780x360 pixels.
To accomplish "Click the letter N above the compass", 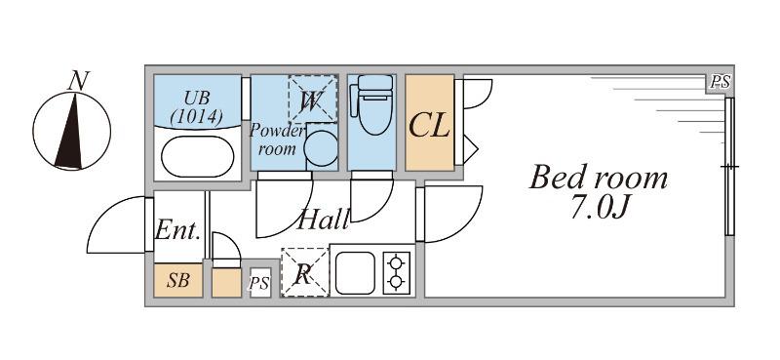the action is click(x=78, y=81).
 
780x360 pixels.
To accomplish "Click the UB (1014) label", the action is click(x=198, y=107).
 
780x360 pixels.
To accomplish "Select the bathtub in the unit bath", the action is click(x=198, y=156).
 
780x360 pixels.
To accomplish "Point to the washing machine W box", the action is click(x=312, y=100).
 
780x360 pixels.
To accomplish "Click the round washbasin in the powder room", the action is click(x=321, y=148).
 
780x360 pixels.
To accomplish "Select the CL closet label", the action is click(x=429, y=125).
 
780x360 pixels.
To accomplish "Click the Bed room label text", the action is click(x=598, y=178).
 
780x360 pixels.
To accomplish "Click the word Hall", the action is click(x=322, y=220).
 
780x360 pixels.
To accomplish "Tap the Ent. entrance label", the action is click(x=178, y=231).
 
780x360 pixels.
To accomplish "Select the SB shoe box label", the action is click(x=178, y=281).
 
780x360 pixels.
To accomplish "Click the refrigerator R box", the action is click(x=305, y=272).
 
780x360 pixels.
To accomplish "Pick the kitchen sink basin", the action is click(x=355, y=273).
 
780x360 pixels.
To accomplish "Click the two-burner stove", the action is click(x=397, y=273).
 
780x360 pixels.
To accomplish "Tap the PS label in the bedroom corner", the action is click(x=720, y=83).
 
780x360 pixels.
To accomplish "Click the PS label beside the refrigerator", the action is click(x=259, y=283).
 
